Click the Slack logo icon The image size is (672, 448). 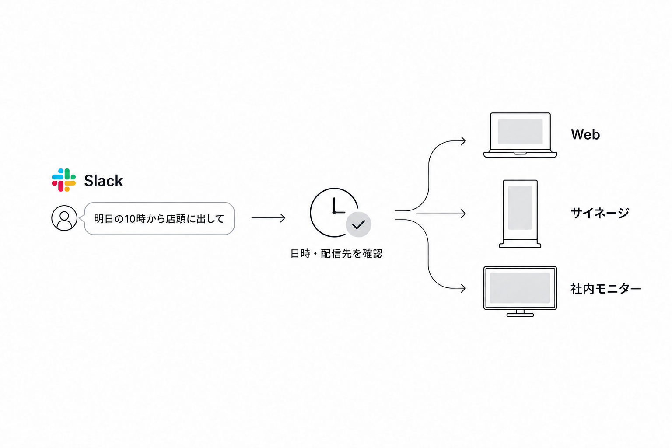point(63,180)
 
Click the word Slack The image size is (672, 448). point(104,181)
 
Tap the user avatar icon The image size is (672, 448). point(64,218)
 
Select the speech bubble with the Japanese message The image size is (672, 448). point(159,218)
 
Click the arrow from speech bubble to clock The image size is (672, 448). point(268,218)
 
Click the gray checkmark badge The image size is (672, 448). point(358,224)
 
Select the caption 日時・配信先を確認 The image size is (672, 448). point(336,254)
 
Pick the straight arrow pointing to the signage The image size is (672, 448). point(441,213)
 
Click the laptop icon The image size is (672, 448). point(520,135)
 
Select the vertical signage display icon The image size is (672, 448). point(520,213)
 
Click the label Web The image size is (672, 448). point(585,134)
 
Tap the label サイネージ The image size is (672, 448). point(600,213)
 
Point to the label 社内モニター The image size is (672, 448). point(605,289)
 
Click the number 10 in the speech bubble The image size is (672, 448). point(130,219)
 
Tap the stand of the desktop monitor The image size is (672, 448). point(520,313)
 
